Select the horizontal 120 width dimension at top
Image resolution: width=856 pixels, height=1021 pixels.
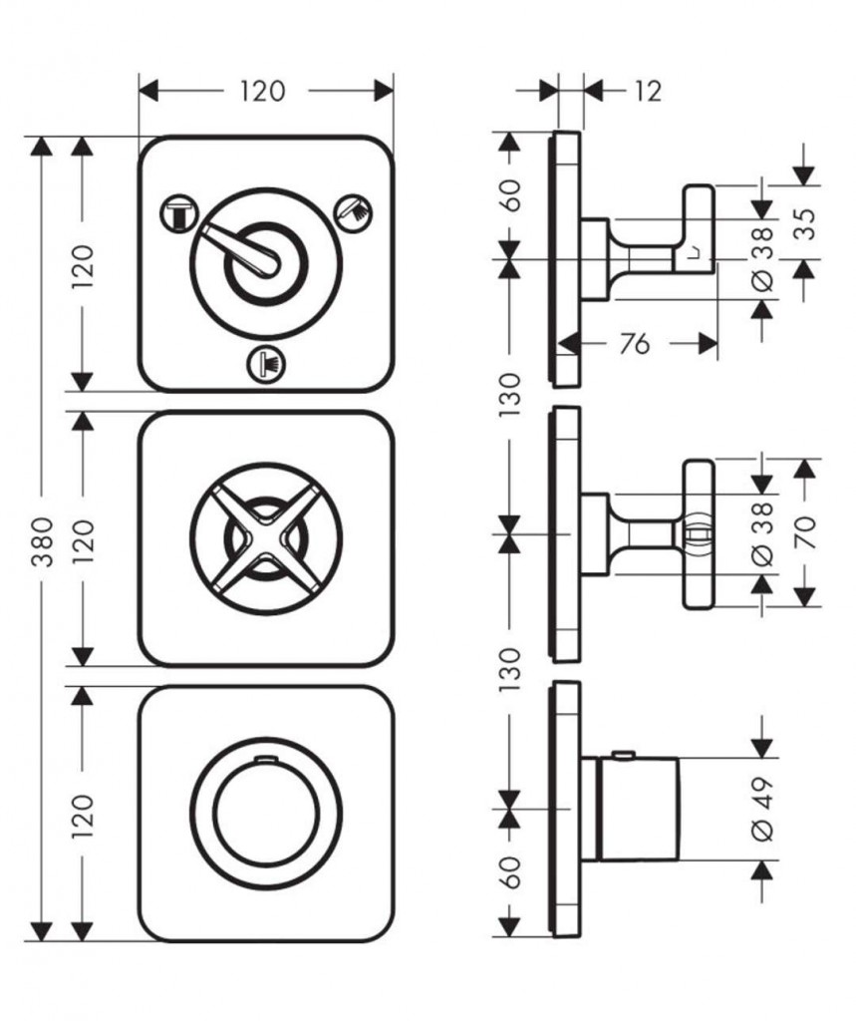(262, 91)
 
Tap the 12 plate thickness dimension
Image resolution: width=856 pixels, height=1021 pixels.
(648, 91)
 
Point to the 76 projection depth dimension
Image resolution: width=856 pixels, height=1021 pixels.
(634, 343)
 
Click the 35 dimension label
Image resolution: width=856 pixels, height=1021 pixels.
(806, 223)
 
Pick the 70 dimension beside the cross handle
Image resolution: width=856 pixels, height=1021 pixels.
(805, 531)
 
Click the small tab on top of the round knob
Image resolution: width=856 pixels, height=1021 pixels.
(266, 759)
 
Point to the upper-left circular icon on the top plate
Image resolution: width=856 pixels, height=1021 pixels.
(178, 211)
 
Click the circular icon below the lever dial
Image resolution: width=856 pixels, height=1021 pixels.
(267, 362)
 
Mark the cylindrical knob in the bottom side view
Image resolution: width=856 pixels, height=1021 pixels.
(638, 808)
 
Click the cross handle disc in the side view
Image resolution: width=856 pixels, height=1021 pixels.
(699, 534)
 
